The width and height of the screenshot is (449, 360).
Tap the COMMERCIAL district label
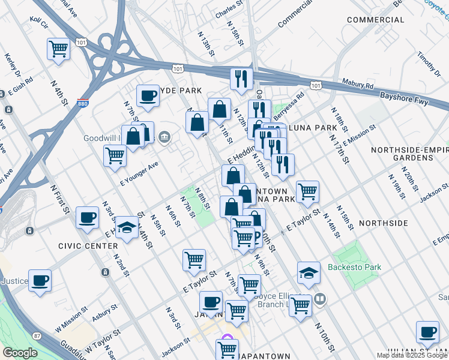pos(375,20)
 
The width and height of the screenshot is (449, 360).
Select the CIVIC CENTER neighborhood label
pos(88,247)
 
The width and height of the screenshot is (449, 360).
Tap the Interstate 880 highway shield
pos(83,104)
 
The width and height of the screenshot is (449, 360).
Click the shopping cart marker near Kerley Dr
pos(58,49)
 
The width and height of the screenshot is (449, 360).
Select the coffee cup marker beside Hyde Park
pos(148,95)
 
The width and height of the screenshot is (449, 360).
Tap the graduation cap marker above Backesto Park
pos(309,272)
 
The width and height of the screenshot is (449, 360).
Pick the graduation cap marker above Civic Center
pos(127,227)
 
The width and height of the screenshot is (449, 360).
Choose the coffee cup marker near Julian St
pos(428,332)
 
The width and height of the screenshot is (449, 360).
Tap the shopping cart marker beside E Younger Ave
pos(115,155)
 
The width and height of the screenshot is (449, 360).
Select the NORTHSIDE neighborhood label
pos(383,223)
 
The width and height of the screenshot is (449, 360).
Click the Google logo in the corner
pos(20,353)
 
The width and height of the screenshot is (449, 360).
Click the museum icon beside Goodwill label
pos(164,139)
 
